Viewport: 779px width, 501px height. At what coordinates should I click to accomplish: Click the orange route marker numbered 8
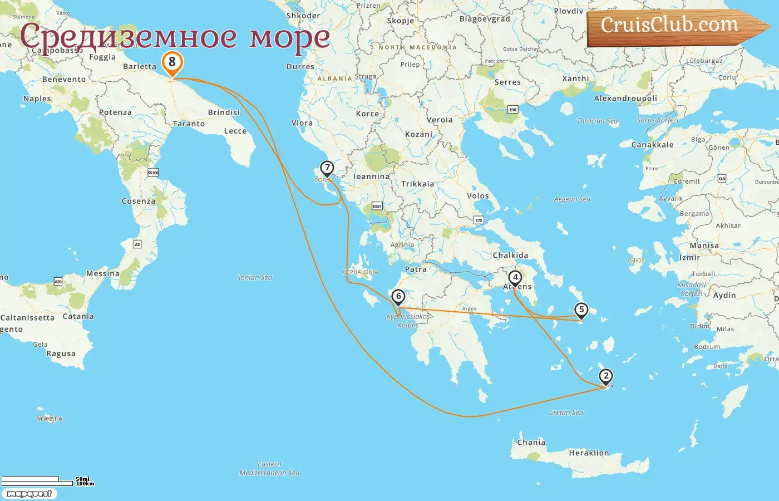point(172,63)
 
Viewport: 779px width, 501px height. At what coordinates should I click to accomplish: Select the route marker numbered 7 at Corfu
point(327,168)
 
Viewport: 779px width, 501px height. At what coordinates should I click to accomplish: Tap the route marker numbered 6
point(398,297)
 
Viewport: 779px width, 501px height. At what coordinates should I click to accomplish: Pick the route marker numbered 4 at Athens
point(515,278)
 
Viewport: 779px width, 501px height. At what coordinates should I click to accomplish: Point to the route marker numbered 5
point(581,310)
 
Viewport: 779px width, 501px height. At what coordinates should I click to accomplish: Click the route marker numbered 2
point(606,376)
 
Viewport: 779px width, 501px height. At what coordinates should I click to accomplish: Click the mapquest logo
point(29,494)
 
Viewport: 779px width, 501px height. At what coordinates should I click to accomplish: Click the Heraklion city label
point(589,453)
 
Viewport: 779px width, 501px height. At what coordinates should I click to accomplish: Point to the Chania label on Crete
point(531,443)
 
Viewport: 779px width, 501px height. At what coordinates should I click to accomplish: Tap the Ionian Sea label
point(255,277)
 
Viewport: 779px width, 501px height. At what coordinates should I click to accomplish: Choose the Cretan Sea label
point(566,412)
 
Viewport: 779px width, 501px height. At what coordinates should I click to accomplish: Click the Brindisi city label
point(224,112)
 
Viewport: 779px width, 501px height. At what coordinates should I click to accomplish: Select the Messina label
point(102,274)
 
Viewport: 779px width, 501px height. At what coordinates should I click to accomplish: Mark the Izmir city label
point(689,258)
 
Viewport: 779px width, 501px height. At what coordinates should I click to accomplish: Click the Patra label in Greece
point(416,269)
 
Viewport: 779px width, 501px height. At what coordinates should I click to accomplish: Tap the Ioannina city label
point(371,176)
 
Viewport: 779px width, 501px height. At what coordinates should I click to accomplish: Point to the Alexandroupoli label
point(625,99)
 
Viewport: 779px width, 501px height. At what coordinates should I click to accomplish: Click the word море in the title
point(289,38)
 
